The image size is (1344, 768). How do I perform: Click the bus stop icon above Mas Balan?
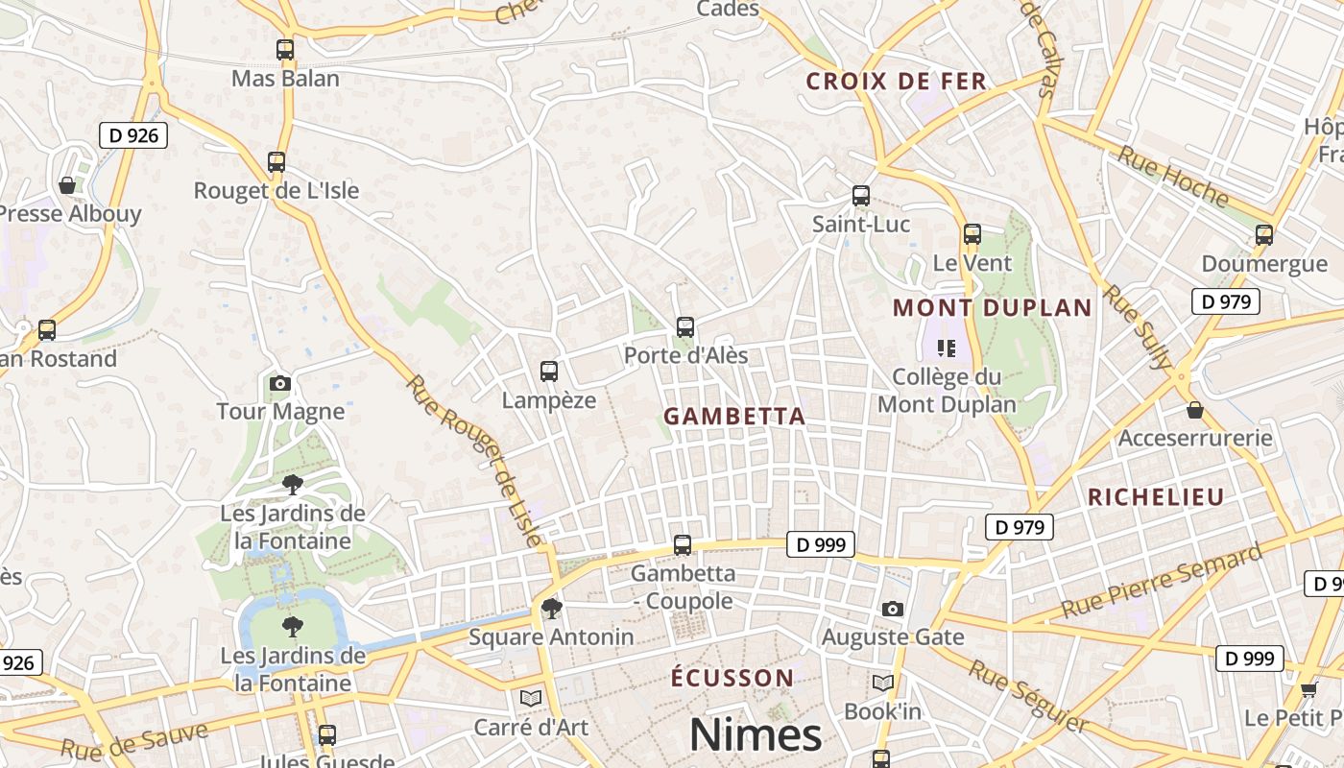tap(285, 50)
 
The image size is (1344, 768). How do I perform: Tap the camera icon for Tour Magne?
tap(280, 384)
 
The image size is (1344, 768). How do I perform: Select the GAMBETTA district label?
tap(734, 417)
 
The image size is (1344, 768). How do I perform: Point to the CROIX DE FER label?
tap(897, 82)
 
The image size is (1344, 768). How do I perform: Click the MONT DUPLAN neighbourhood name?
tap(993, 308)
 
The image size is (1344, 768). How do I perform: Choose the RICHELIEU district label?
tap(1156, 497)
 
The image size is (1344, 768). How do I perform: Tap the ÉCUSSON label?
tap(732, 678)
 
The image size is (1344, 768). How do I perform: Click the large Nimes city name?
tap(756, 735)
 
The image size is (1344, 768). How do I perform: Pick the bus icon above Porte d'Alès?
tap(684, 327)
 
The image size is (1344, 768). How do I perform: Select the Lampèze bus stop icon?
tap(549, 372)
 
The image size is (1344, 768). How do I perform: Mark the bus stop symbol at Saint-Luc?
tap(861, 196)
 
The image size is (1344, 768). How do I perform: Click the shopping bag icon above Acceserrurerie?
tap(1195, 411)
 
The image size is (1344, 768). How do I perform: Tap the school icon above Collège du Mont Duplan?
tap(947, 348)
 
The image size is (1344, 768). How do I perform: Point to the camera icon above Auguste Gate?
tap(893, 610)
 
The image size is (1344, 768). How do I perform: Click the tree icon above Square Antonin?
tap(551, 608)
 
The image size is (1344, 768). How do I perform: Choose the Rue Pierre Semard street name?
tap(1163, 582)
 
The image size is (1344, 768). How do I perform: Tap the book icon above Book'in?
tap(883, 684)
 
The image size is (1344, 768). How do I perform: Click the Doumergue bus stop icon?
tap(1264, 235)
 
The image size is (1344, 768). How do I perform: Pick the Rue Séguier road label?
tap(1028, 696)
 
